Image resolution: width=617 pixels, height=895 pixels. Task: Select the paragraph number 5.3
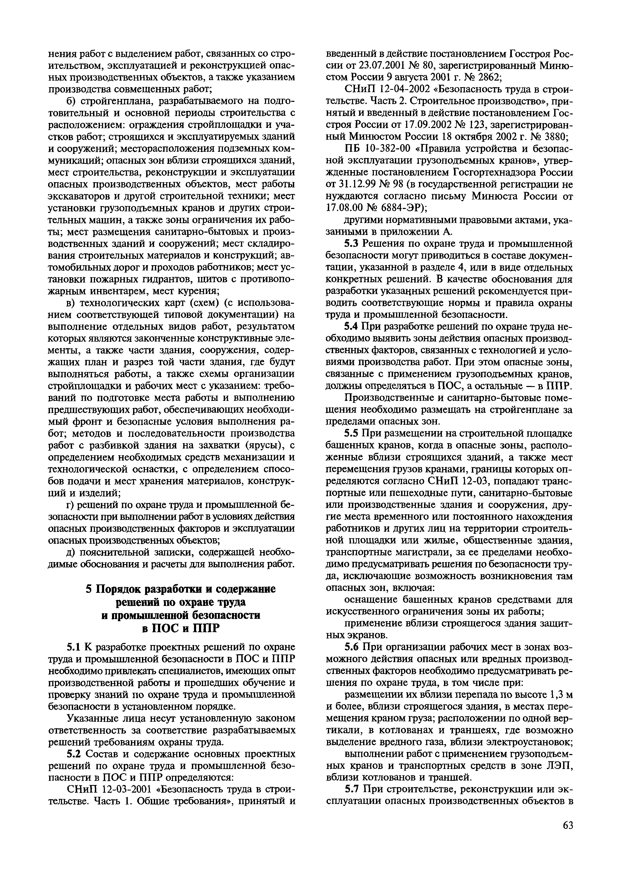click(x=351, y=244)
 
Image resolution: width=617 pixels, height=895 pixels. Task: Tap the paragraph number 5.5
click(x=351, y=434)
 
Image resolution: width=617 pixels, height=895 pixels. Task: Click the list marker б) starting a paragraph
click(x=70, y=101)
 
